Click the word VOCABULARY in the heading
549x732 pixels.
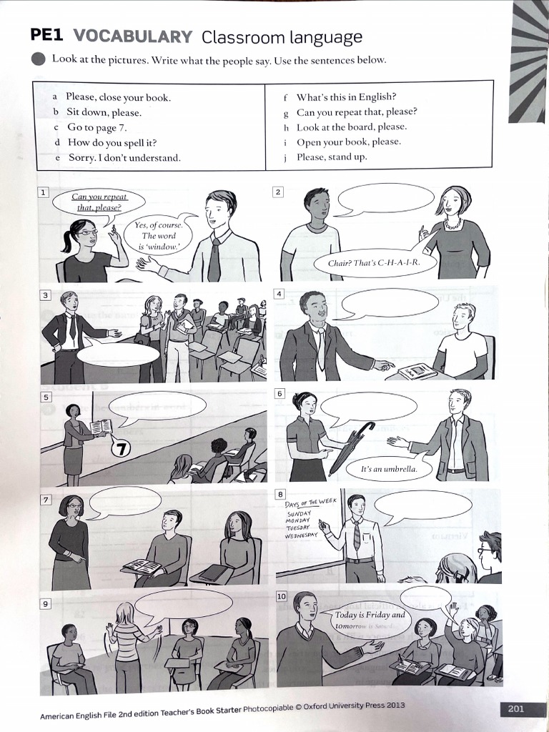click(132, 37)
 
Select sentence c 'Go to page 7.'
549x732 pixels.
click(97, 127)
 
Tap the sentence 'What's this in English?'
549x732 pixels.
click(346, 97)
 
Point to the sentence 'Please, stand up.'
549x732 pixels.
click(332, 157)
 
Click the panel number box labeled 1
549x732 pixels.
click(44, 193)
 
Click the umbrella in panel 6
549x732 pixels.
click(351, 447)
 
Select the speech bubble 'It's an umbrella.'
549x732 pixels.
click(389, 469)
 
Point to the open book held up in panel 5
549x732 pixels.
click(101, 427)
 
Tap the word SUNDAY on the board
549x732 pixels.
click(300, 514)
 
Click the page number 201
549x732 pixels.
click(515, 708)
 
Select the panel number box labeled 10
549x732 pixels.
click(281, 596)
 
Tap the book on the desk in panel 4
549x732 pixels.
click(416, 371)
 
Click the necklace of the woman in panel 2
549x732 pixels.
click(452, 224)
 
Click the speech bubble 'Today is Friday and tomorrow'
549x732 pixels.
click(370, 620)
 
